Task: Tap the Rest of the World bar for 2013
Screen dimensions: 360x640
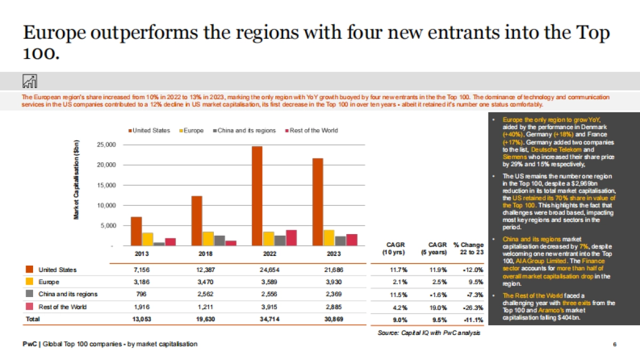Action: [170, 242]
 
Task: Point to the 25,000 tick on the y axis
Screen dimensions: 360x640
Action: [106, 145]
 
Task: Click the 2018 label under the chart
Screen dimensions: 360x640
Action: [198, 254]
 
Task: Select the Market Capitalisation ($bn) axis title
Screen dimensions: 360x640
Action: [77, 179]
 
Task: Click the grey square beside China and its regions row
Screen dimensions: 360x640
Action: [29, 294]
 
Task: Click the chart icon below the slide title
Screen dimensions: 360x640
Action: [29, 81]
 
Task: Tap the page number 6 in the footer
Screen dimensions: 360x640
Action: [615, 345]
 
